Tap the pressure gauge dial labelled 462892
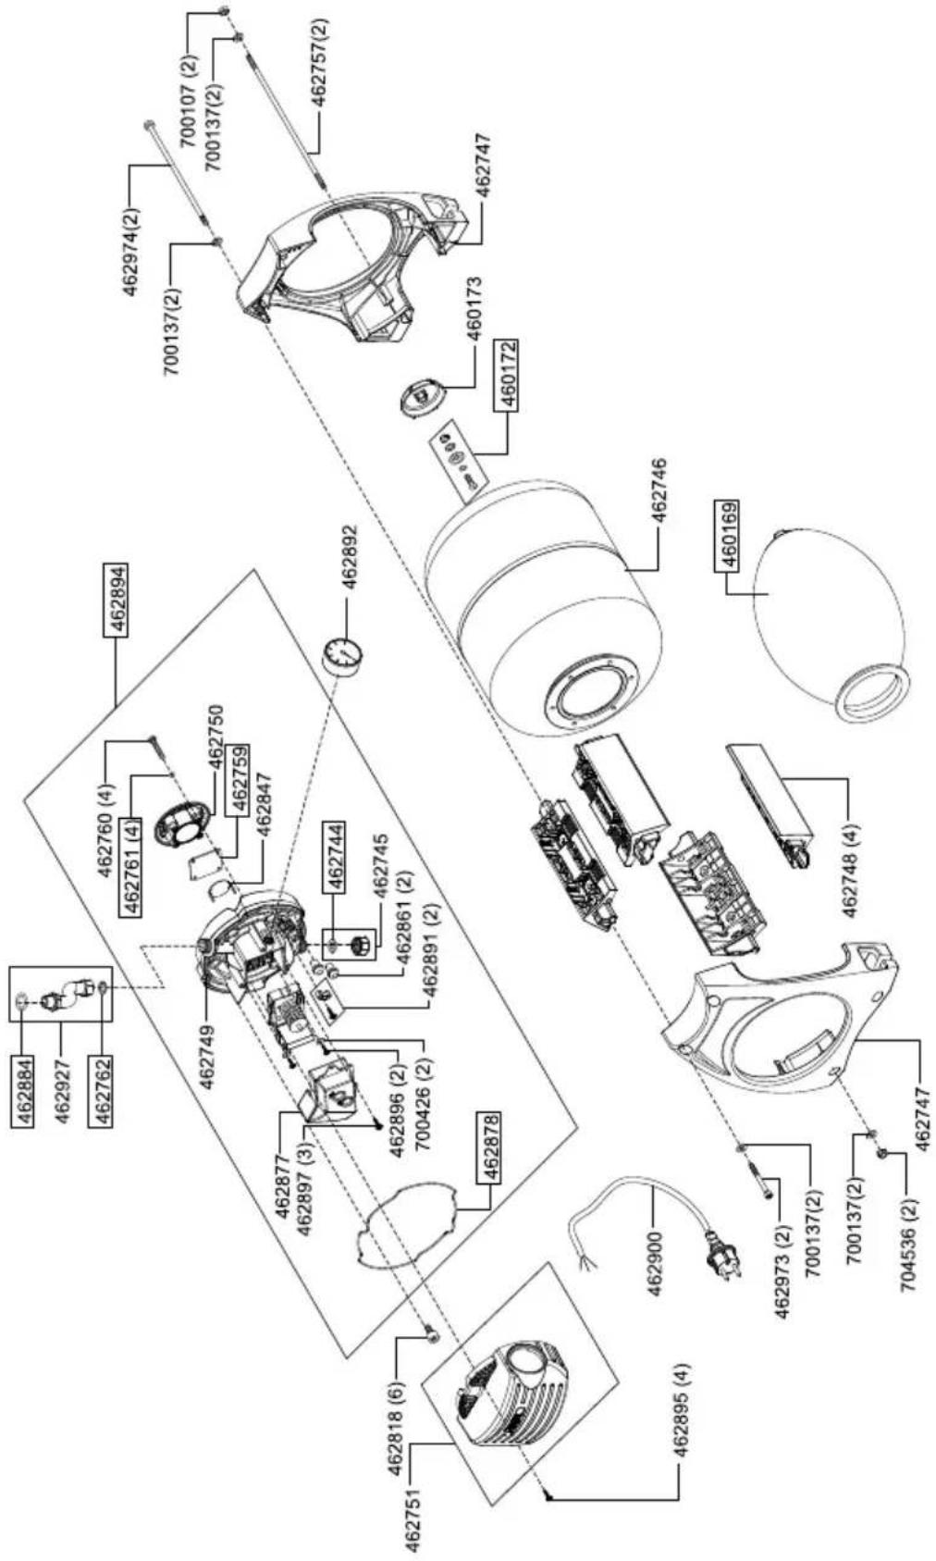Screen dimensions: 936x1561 coord(339,655)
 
